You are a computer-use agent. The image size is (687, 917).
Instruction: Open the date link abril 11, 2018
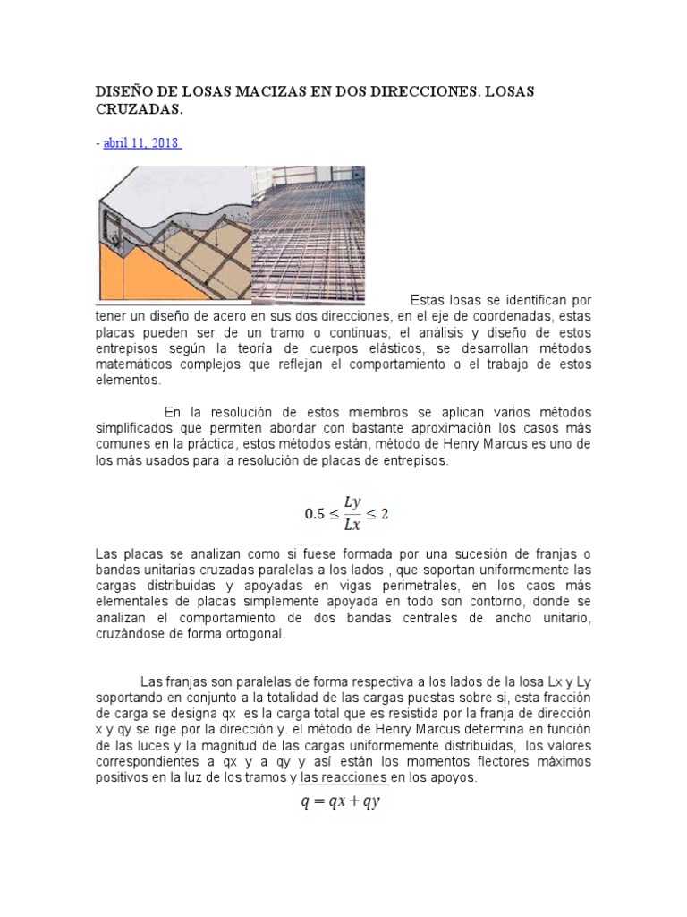tap(142, 142)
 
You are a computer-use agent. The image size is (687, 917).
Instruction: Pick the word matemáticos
tap(138, 364)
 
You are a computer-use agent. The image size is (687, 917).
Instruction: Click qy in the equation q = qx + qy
tap(371, 802)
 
